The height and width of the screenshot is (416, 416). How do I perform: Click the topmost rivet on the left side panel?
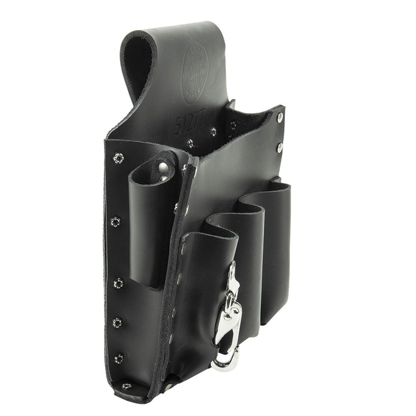(x=118, y=158)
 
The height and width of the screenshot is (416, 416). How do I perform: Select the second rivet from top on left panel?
(x=115, y=220)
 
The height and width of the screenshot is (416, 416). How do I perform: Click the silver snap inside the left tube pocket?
(x=163, y=169)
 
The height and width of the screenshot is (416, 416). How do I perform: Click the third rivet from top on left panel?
(x=118, y=283)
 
